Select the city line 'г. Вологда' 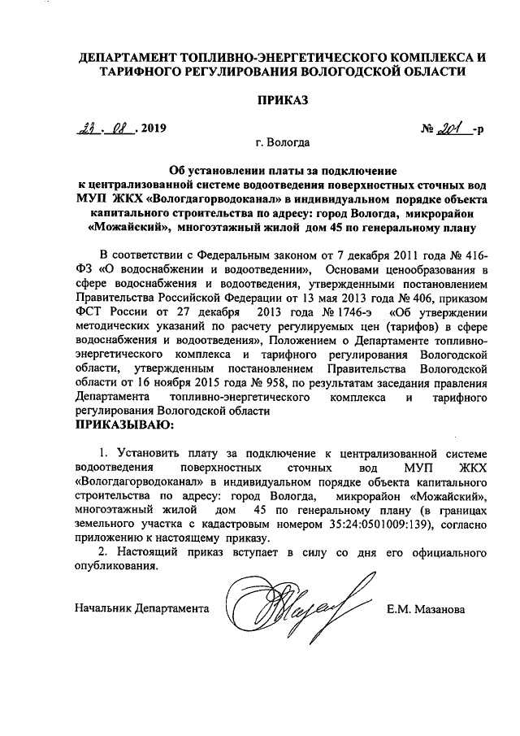(281, 145)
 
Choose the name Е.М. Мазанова (426, 608)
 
